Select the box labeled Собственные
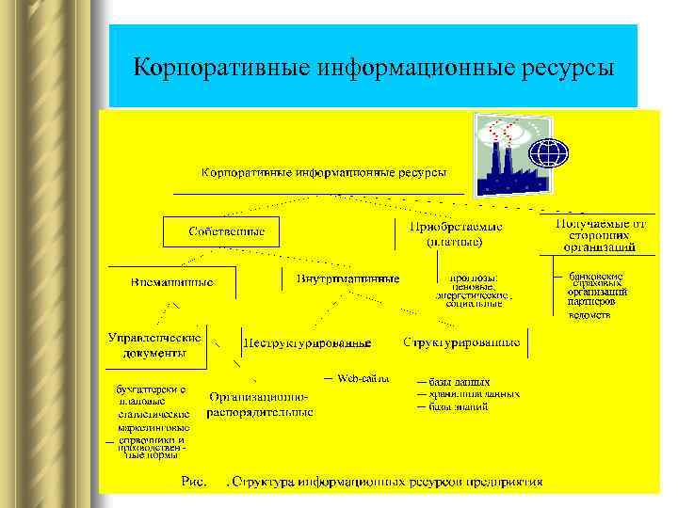tap(226, 231)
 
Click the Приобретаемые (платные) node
tap(455, 234)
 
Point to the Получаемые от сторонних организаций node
tap(600, 235)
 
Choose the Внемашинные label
tap(172, 281)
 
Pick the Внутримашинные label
tap(347, 279)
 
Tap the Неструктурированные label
tap(307, 343)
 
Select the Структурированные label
tap(461, 342)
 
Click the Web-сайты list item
tap(363, 379)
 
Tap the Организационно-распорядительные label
tap(259, 405)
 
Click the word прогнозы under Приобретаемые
tap(474, 278)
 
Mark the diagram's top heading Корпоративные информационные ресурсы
tap(323, 173)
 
